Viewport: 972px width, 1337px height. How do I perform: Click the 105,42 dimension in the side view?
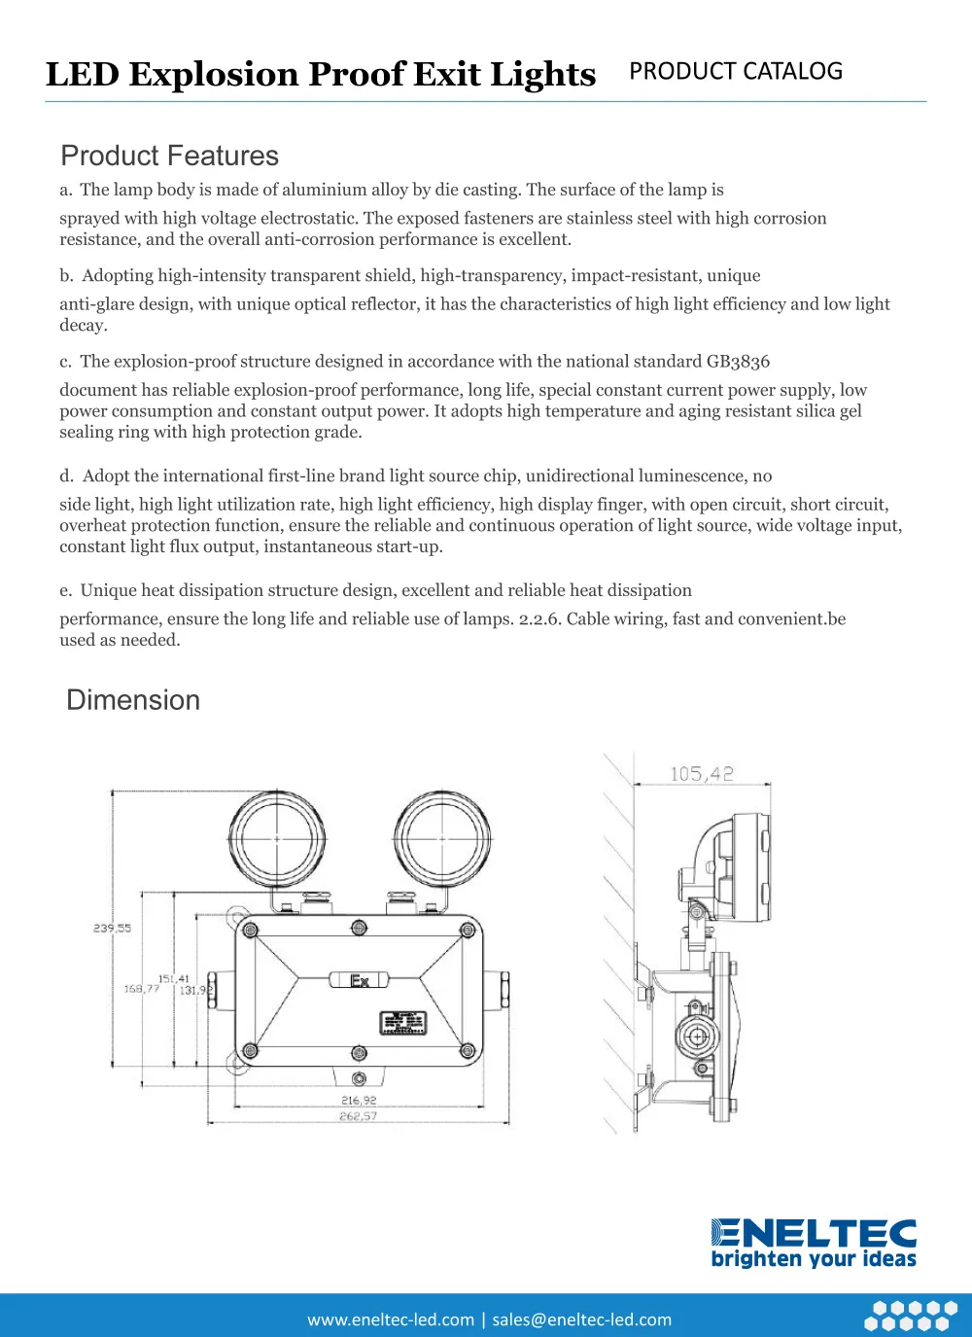point(701,774)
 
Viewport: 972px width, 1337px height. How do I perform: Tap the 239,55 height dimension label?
point(112,929)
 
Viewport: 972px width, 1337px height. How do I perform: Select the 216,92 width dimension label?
point(359,1101)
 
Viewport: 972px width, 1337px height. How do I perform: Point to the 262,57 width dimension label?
point(359,1116)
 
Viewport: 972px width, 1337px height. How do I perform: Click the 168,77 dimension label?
point(141,989)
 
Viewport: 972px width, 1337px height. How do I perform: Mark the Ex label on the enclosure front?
point(359,980)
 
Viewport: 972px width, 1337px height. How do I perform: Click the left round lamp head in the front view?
point(277,838)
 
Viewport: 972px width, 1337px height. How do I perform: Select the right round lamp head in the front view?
point(442,838)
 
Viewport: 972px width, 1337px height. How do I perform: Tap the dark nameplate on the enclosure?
point(402,1023)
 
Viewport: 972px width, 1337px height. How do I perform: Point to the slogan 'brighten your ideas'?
point(814,1259)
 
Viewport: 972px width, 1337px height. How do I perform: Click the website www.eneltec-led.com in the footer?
point(391,1319)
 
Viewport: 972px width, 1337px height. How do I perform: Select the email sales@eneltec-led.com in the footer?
point(581,1319)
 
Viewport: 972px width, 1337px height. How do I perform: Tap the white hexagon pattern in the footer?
point(911,1316)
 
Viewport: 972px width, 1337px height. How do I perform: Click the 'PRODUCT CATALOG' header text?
point(736,72)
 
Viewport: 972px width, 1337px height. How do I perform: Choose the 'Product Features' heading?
point(169,156)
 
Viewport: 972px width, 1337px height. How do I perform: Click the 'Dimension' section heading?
point(133,700)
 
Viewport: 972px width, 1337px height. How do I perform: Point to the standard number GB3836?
point(738,362)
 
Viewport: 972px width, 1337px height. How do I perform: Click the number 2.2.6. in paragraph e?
point(538,619)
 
